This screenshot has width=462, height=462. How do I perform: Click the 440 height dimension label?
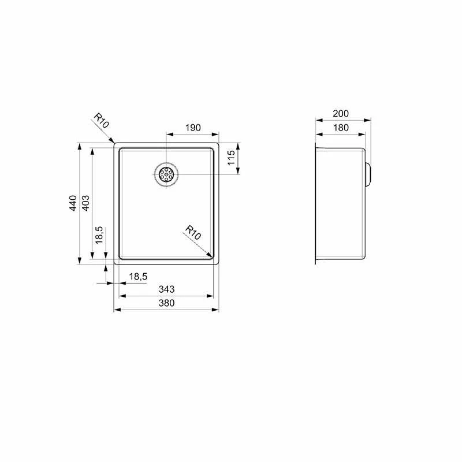(x=73, y=203)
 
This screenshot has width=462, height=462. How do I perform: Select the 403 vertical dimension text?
(x=86, y=203)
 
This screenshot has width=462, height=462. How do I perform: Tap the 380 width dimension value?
(x=166, y=303)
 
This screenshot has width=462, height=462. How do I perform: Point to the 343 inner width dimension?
(x=166, y=289)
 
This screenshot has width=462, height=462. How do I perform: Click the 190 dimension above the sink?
(x=192, y=128)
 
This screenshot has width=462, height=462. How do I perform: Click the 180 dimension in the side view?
(x=341, y=128)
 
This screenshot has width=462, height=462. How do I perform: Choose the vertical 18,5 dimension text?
(x=99, y=235)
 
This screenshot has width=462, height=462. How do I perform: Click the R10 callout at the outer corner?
(x=101, y=121)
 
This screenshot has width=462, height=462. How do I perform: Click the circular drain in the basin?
(x=166, y=174)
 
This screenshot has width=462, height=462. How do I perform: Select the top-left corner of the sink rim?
(x=115, y=143)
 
